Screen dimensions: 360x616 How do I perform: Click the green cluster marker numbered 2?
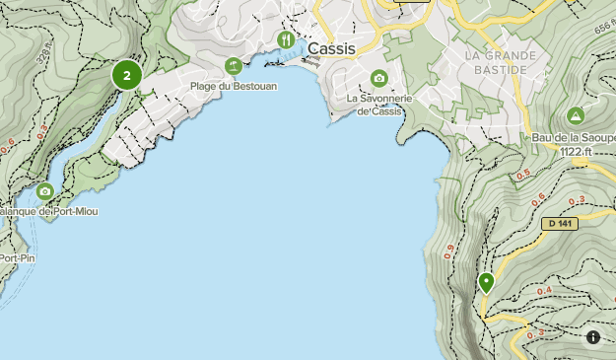point(127,75)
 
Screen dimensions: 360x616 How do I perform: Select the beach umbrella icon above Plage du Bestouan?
point(233,66)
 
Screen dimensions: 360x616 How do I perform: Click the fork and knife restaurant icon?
point(286,40)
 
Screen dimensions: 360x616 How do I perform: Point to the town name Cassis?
point(332,47)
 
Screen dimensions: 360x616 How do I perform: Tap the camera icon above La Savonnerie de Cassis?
point(378,79)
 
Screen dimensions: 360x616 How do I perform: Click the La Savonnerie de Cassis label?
point(378,105)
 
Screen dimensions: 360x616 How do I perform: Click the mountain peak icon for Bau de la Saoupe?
point(576,115)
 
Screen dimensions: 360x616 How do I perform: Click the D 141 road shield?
point(559,224)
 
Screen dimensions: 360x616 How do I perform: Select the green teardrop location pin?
point(486,283)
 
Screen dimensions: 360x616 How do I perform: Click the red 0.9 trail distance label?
point(449,252)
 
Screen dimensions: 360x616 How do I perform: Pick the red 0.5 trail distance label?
point(523,175)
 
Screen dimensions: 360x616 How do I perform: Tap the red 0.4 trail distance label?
point(543,291)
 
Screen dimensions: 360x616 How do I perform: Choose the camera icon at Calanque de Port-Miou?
point(44,191)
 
